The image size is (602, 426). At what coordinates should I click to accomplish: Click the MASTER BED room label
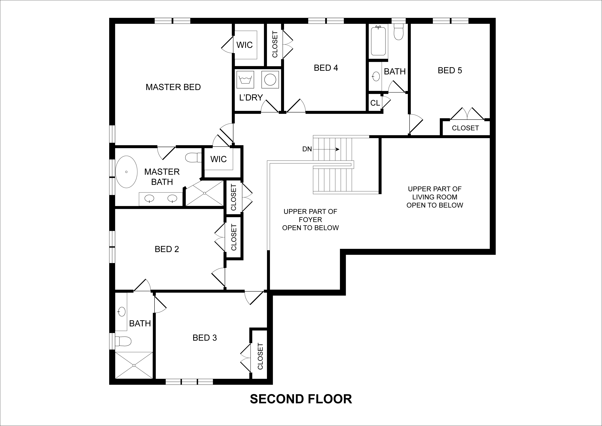click(x=173, y=87)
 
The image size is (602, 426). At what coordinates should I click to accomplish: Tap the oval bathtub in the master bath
click(x=126, y=172)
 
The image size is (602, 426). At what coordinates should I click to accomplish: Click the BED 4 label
click(x=326, y=68)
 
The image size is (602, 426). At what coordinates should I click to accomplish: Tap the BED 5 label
click(x=450, y=71)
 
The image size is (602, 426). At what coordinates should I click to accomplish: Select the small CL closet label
click(x=375, y=103)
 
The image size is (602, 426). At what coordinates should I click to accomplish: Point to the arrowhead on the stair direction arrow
click(x=338, y=149)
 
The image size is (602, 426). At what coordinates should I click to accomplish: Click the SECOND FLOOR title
click(x=301, y=399)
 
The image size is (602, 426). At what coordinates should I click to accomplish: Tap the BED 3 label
click(x=205, y=338)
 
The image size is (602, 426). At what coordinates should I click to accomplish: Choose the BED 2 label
click(x=167, y=249)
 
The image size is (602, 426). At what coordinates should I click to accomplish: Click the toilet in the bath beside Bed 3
click(x=123, y=341)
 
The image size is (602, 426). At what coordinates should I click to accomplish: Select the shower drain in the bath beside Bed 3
click(x=134, y=365)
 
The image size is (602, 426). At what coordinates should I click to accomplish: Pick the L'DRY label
click(x=251, y=98)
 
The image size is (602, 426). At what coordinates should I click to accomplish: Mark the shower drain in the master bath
click(x=205, y=193)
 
